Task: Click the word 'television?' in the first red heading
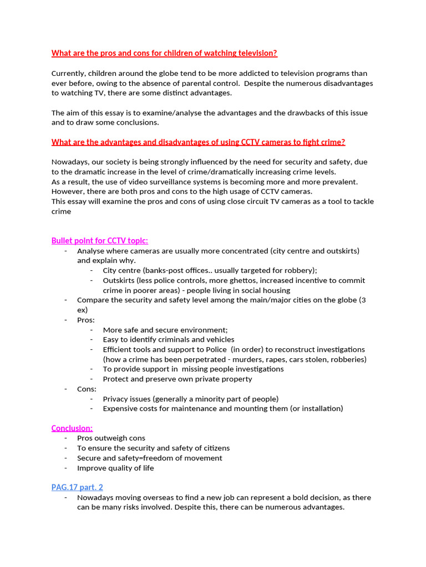253,53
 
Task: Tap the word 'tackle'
362,202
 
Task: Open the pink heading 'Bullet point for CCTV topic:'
100,240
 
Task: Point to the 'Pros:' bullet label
86,320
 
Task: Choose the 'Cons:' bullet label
87,389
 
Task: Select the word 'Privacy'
116,399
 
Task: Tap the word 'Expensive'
120,409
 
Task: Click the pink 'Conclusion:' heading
72,428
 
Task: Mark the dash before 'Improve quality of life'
65,468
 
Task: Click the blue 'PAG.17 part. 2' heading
77,487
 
